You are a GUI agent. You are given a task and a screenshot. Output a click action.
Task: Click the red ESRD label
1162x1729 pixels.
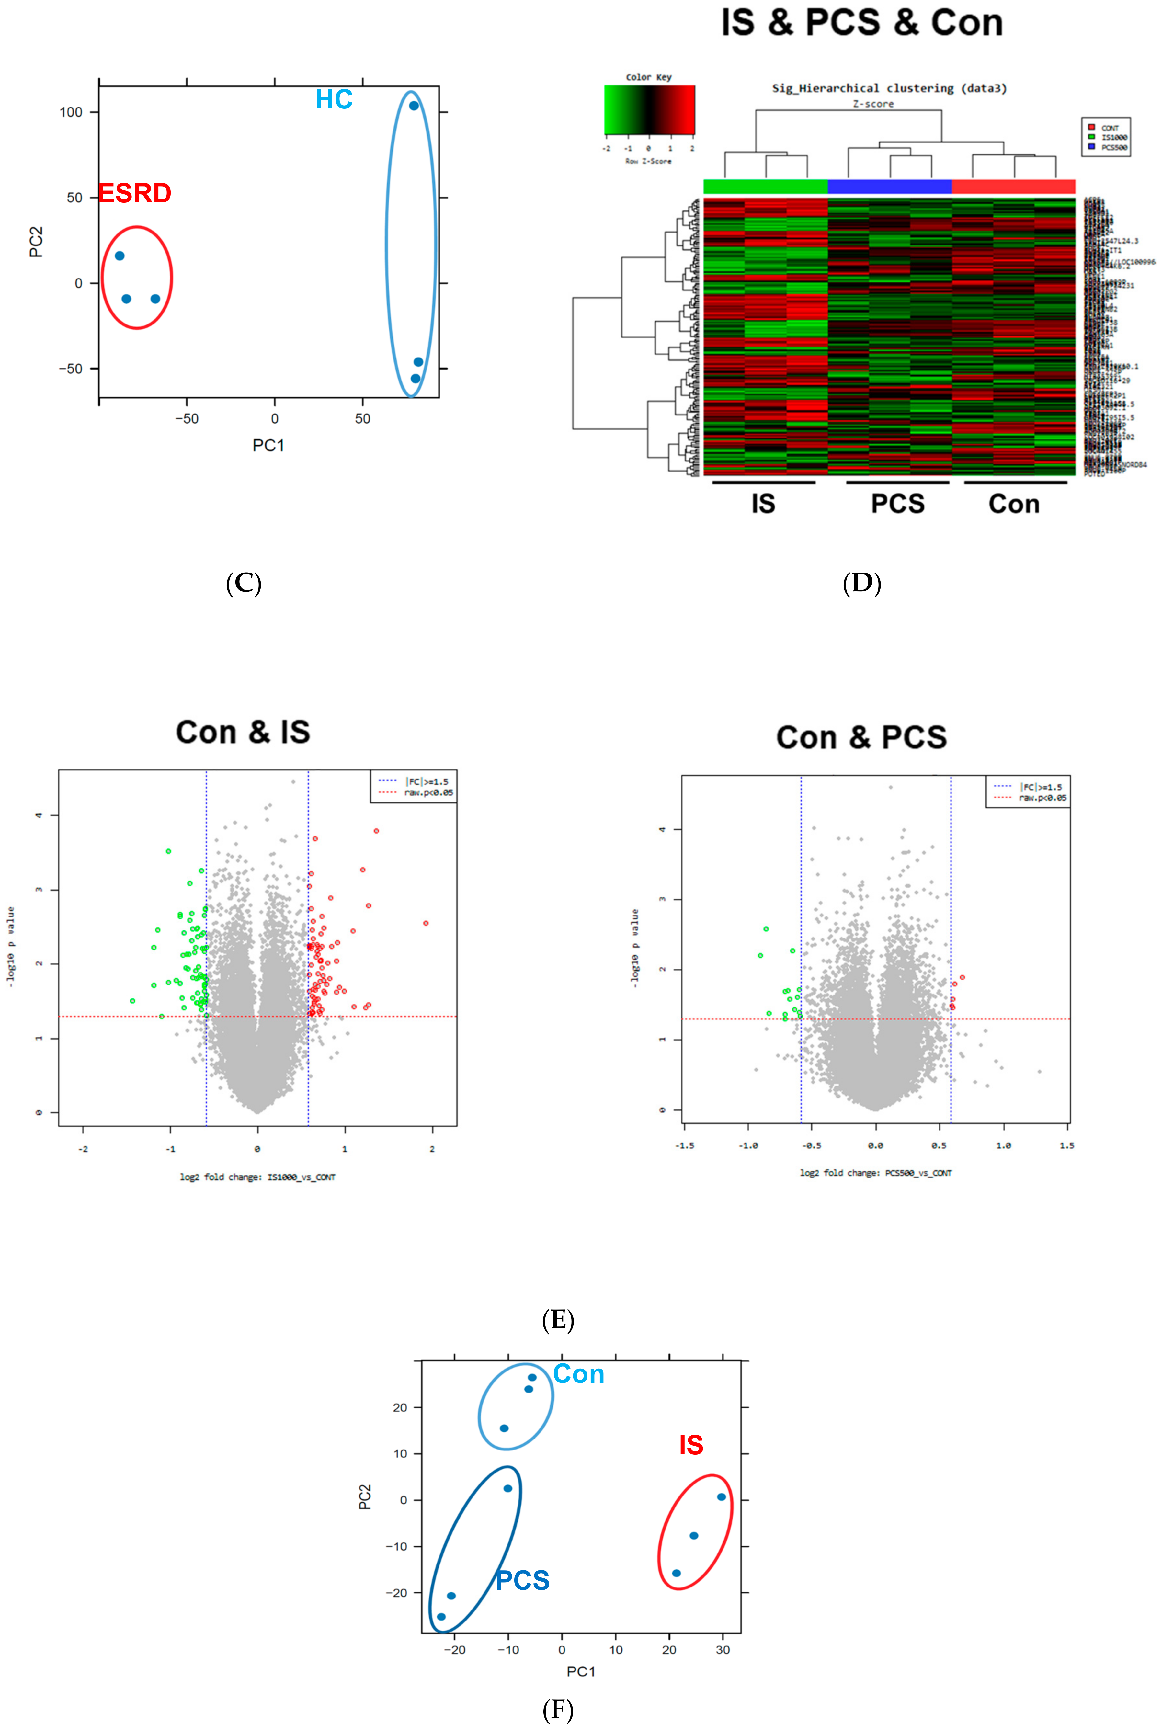135,193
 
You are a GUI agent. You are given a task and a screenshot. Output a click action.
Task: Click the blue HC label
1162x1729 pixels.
334,99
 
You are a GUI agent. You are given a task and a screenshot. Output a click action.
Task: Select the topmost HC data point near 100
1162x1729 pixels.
414,106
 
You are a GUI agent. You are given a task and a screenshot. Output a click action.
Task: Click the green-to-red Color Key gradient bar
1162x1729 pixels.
649,110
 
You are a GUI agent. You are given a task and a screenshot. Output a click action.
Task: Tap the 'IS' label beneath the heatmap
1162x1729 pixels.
763,504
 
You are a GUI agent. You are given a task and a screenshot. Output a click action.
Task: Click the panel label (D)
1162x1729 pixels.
862,583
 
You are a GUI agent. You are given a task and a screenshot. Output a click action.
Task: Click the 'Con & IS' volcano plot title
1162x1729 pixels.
243,732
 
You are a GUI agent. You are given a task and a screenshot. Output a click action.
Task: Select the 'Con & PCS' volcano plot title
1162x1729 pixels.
861,737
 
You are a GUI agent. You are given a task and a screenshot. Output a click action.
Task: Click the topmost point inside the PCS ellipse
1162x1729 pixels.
507,1488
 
